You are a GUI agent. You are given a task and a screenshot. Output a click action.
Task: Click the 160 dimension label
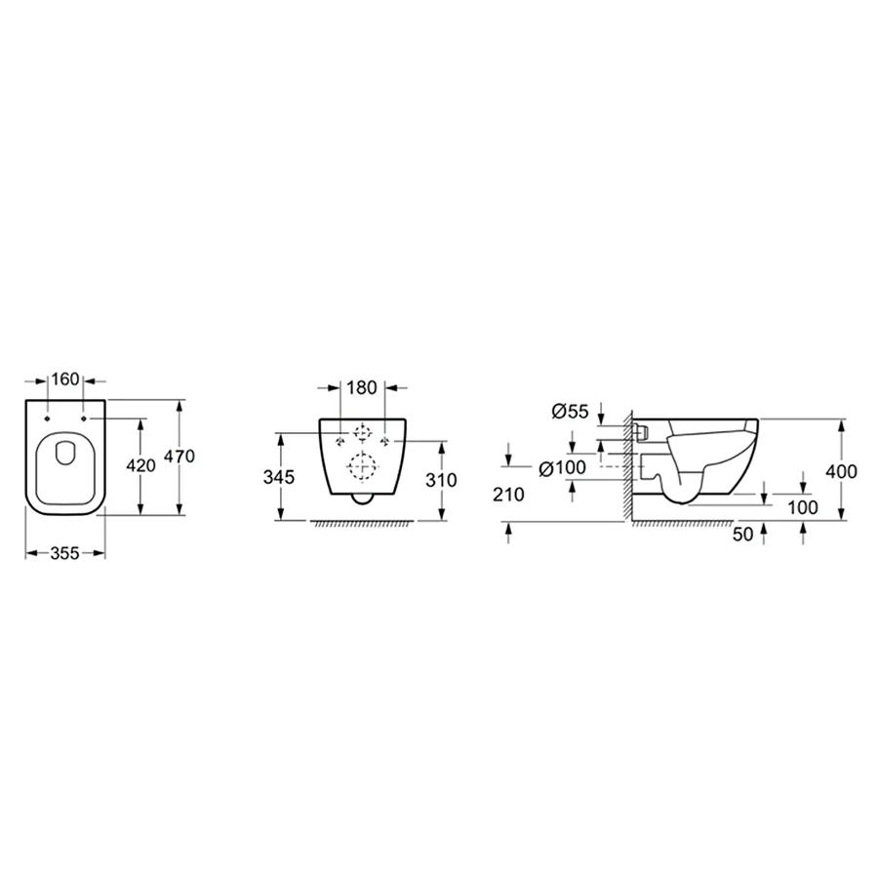point(65,379)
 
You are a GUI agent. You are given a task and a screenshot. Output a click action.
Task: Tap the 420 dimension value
point(140,464)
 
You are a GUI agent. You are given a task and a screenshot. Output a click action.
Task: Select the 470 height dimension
point(180,456)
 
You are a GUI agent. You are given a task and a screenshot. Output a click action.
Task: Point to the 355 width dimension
point(65,553)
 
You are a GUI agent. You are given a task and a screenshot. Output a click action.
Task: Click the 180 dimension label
point(362,387)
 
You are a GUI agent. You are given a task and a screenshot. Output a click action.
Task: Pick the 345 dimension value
point(279,477)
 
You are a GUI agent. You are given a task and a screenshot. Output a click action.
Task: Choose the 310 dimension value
point(441,480)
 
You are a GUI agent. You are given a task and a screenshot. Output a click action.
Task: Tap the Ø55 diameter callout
point(570,412)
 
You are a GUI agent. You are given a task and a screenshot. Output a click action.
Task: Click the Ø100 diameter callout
point(562,467)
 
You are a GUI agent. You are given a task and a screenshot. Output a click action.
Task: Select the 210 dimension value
point(508,494)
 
